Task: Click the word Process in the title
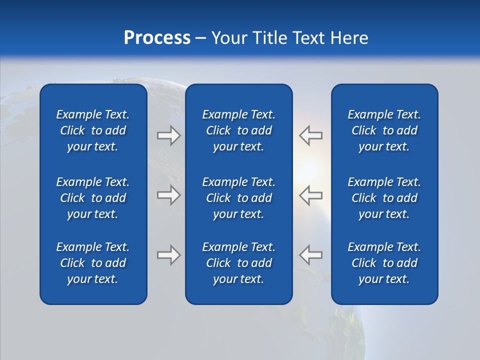157,38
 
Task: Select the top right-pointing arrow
168,135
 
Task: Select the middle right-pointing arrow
168,195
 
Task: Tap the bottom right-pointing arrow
168,255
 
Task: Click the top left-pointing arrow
311,135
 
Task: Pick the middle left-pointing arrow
311,195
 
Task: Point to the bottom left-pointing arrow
311,255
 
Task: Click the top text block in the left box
93,130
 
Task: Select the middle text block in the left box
93,198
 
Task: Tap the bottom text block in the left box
93,263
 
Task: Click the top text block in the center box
238,130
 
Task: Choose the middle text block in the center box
238,198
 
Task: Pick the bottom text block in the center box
238,263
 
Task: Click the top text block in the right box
384,130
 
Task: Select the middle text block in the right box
384,198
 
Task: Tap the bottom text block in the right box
384,263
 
